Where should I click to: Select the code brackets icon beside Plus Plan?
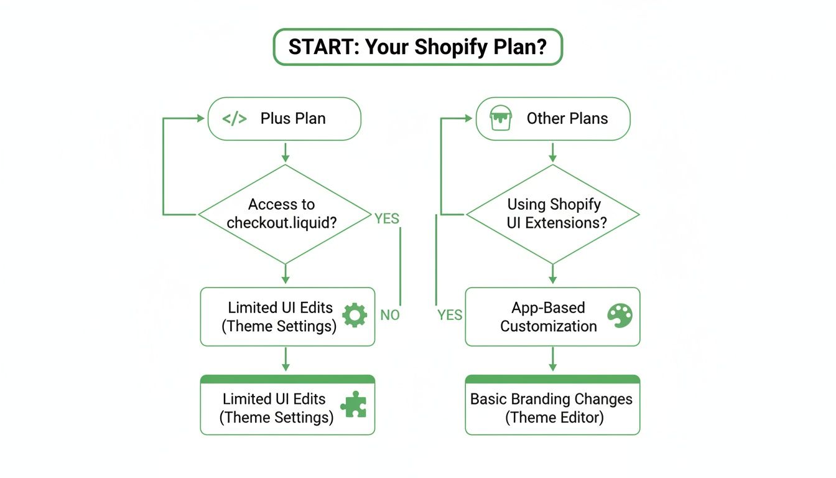pos(235,119)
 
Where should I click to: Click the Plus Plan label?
pos(293,119)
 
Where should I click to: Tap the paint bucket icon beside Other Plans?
pos(501,118)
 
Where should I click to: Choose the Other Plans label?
pos(567,119)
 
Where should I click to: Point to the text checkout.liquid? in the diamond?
pos(282,223)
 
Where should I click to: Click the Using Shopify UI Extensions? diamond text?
pos(553,213)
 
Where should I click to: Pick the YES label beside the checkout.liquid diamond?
pos(386,218)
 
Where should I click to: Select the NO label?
pos(390,315)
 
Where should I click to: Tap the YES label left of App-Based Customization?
pos(450,315)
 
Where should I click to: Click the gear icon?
pos(355,316)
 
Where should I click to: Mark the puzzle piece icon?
pos(353,404)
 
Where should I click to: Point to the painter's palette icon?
pos(619,316)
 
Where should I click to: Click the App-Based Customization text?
pos(549,317)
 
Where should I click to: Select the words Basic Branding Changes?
pos(551,399)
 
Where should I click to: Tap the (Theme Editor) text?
pos(554,417)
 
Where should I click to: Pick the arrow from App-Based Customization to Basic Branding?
pos(552,359)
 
